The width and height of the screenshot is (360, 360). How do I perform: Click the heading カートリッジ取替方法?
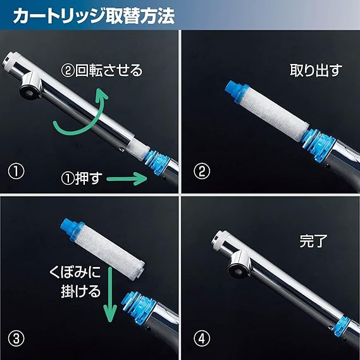click(94, 16)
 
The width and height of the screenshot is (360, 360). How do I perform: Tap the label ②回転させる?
click(102, 70)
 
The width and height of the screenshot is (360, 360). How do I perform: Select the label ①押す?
click(81, 178)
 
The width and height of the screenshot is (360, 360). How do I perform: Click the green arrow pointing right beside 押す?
click(127, 178)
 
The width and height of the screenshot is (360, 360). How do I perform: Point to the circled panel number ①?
click(16, 171)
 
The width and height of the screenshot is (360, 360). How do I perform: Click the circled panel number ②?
click(202, 171)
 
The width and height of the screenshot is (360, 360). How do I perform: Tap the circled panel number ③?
click(16, 338)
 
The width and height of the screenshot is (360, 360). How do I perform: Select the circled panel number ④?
click(202, 338)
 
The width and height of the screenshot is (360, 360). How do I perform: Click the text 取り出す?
click(316, 70)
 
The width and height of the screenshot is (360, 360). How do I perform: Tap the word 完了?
click(313, 240)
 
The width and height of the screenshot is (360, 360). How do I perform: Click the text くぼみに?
click(75, 272)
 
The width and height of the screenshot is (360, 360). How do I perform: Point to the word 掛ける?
click(81, 291)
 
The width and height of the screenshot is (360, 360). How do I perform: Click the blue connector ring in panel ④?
click(342, 326)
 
